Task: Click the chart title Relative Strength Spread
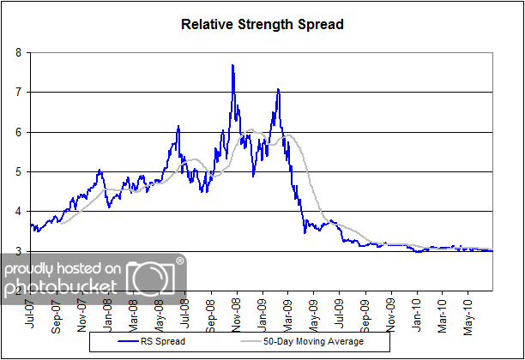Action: [x=262, y=24]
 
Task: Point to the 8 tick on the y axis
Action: [x=19, y=52]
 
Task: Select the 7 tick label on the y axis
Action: [x=19, y=92]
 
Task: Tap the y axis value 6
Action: [x=19, y=132]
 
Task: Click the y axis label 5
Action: [x=19, y=171]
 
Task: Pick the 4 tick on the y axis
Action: [x=19, y=211]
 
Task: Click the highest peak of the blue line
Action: [x=232, y=65]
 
